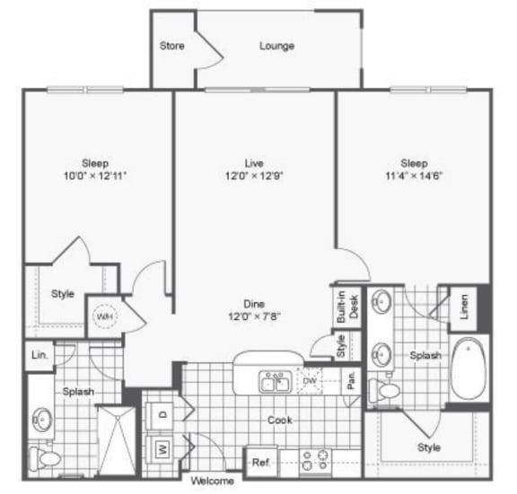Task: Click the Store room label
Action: pyautogui.click(x=171, y=46)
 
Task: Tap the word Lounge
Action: pyautogui.click(x=276, y=46)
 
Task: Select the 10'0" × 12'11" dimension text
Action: pyautogui.click(x=95, y=176)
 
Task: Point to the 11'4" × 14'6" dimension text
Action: pyautogui.click(x=414, y=176)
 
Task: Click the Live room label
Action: pyautogui.click(x=254, y=163)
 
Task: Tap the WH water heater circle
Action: pyautogui.click(x=105, y=316)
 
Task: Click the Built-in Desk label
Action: pyautogui.click(x=347, y=307)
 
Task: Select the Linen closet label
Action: pyautogui.click(x=464, y=307)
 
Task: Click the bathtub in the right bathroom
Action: pyautogui.click(x=469, y=368)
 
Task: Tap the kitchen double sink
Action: pyautogui.click(x=276, y=382)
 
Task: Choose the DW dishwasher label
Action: pyautogui.click(x=310, y=381)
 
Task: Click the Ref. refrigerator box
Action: pyautogui.click(x=261, y=462)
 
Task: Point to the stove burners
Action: pyautogui.click(x=315, y=461)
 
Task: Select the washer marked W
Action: pyautogui.click(x=162, y=448)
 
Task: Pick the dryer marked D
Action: pyautogui.click(x=162, y=416)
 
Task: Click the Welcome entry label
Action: pyautogui.click(x=213, y=481)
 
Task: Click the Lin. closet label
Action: pyautogui.click(x=39, y=355)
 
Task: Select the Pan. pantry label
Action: pyautogui.click(x=352, y=380)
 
